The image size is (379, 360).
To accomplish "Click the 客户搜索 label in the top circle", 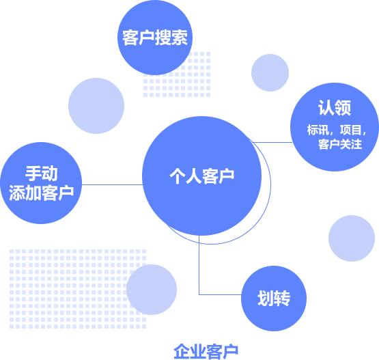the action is (155, 38).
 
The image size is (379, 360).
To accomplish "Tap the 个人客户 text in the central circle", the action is (202, 176).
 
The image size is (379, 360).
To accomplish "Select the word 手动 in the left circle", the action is (42, 173).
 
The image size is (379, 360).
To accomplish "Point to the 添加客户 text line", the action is (41, 193).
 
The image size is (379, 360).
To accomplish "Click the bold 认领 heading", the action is (335, 107).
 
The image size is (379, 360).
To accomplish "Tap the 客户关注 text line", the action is (340, 144).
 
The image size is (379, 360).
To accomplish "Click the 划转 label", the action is (274, 299).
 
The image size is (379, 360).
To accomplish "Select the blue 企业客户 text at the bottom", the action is (206, 352).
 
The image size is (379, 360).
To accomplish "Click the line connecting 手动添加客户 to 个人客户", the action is (112, 184).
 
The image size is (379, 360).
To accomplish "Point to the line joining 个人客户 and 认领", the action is (272, 142).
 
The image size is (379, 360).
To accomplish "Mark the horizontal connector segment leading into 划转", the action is (220, 294).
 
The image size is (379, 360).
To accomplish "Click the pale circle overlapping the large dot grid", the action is (152, 290).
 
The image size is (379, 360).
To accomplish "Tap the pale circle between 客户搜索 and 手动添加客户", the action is (96, 106).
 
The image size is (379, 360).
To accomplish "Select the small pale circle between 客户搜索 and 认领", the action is (270, 72).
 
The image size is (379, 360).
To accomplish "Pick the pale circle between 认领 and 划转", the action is (352, 238).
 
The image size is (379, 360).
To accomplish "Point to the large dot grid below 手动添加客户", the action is (78, 289).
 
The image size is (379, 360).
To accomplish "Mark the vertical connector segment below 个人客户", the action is (199, 265).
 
